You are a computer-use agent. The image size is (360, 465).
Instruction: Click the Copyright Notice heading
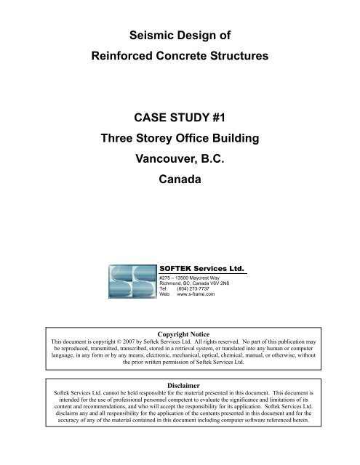[180, 333]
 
